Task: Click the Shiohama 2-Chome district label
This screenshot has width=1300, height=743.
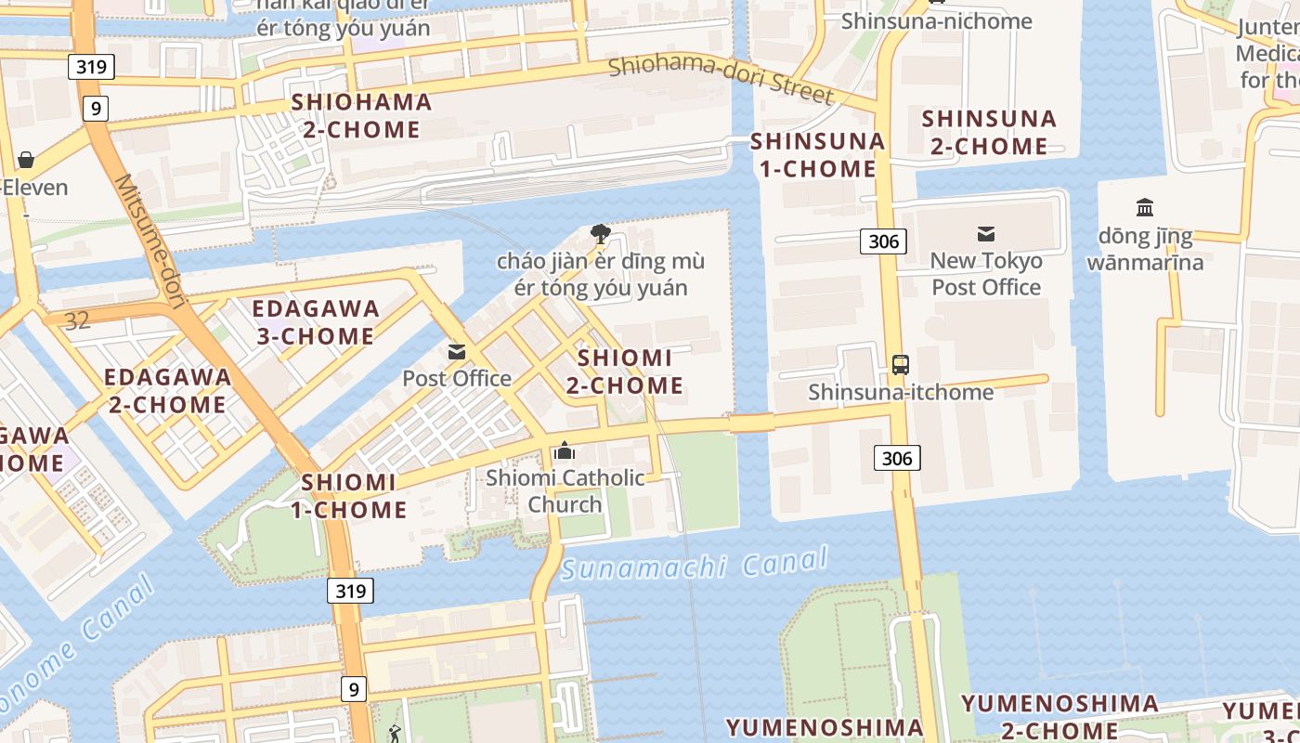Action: click(x=362, y=115)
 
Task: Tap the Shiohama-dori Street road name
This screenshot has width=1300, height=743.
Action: click(x=721, y=79)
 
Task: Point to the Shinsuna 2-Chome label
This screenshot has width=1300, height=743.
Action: click(x=989, y=132)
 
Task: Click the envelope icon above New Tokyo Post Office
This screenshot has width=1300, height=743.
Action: click(x=985, y=234)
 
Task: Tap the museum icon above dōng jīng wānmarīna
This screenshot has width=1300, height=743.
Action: click(x=1145, y=207)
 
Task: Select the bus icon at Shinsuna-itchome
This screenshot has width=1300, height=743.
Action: click(x=900, y=364)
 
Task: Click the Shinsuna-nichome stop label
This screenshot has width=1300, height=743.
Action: click(x=936, y=20)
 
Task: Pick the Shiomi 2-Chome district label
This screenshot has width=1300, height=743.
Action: click(x=625, y=371)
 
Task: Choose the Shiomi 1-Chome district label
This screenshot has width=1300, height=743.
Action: click(x=348, y=495)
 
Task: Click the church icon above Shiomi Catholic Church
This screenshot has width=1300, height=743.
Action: click(x=564, y=451)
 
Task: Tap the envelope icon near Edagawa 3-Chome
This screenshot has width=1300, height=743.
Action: click(x=457, y=352)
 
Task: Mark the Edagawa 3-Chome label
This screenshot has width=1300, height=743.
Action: click(x=316, y=321)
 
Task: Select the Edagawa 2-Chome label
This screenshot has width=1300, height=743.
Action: click(x=167, y=390)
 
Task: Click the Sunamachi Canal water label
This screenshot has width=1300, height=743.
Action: click(x=694, y=564)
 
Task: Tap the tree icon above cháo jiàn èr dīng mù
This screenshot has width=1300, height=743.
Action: click(x=600, y=233)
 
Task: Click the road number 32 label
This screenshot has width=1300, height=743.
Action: click(x=78, y=320)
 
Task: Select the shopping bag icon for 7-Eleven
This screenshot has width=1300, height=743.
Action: click(x=25, y=160)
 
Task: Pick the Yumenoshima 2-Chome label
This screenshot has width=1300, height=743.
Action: click(x=1059, y=716)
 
